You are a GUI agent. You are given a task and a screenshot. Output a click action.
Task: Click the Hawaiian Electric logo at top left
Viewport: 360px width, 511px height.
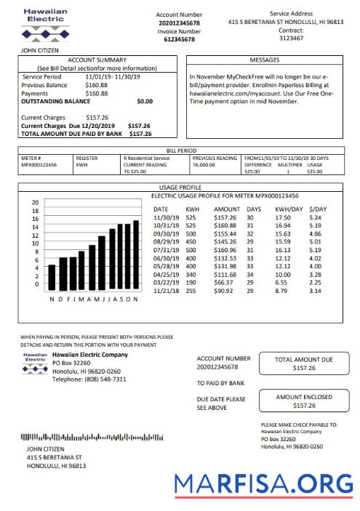46,25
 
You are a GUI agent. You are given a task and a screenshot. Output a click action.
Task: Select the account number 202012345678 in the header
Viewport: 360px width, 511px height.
179,23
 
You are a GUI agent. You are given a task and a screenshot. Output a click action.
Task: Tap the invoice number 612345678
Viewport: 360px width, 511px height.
179,40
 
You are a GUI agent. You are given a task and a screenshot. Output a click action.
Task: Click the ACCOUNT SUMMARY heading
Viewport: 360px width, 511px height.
97,60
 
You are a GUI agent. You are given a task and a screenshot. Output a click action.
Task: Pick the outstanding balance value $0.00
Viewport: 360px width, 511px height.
145,102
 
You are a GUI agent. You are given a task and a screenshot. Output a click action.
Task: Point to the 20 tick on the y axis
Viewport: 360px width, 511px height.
35,202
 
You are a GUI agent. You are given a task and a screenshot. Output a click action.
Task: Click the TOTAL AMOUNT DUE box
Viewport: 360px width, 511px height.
303,363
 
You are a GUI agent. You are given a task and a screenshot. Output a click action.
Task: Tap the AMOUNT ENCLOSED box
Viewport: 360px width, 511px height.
303,401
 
